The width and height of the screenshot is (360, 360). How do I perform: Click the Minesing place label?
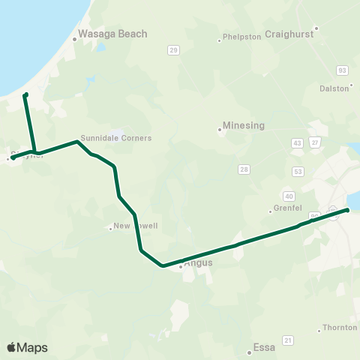click(244, 126)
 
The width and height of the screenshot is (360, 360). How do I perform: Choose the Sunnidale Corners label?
click(115, 138)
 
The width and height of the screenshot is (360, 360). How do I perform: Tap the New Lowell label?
click(135, 226)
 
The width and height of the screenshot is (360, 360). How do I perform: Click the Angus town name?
click(198, 263)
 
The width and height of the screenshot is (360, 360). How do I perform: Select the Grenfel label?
click(284, 211)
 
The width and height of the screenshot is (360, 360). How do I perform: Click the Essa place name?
click(264, 347)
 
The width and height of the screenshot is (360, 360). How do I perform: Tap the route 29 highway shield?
click(174, 50)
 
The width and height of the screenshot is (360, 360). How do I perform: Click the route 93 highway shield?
click(343, 70)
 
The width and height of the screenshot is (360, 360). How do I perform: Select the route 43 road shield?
click(298, 142)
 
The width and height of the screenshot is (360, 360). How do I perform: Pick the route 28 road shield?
click(244, 169)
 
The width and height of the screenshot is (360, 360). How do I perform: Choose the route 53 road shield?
click(298, 172)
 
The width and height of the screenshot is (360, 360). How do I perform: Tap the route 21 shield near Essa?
click(287, 340)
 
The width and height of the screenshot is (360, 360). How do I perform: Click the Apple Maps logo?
click(27, 347)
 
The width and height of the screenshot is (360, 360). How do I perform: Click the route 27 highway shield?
click(315, 142)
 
